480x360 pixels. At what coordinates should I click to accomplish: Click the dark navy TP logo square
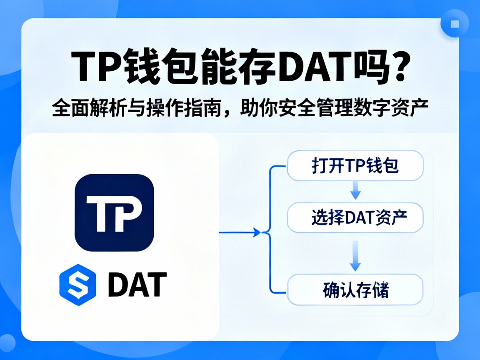[x=114, y=212]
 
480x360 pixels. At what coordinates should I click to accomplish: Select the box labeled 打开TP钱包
[x=355, y=166]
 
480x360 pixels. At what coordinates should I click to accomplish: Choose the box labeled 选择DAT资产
[x=355, y=217]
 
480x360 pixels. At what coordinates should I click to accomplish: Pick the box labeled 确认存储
[x=355, y=290]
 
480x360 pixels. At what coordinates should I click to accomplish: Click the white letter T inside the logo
[x=99, y=213]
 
